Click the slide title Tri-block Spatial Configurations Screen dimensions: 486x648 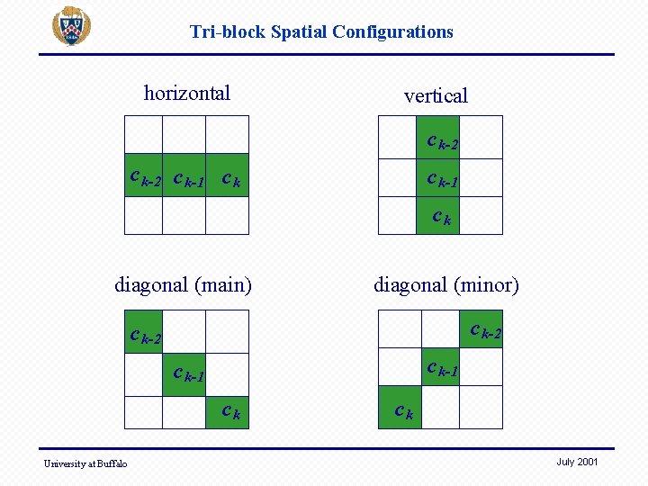pos(321,32)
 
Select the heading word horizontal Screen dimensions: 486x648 pos(187,94)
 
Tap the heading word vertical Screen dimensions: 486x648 pos(436,95)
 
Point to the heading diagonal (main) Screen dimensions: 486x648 pos(183,285)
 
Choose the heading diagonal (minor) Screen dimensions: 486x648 pos(446,285)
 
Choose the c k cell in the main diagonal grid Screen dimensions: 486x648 pos(227,409)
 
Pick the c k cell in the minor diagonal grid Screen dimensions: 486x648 pos(400,406)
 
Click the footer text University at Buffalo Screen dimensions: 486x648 pos(85,463)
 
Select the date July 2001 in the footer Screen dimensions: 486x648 pos(577,462)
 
